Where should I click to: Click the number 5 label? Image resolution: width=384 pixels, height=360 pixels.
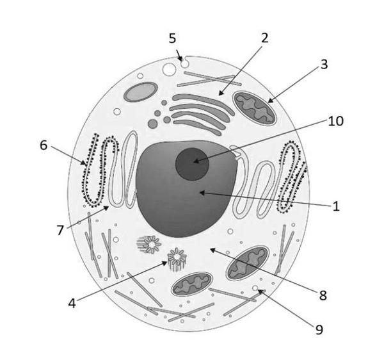coord(172,38)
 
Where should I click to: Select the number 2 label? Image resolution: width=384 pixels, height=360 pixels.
coord(264,38)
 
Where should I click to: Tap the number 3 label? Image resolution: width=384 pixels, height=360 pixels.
coord(324,65)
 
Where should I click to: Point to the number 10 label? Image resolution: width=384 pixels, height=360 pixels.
coord(336,121)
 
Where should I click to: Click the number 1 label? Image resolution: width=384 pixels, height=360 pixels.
coord(336,206)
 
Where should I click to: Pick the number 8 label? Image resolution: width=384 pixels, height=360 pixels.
coord(323,295)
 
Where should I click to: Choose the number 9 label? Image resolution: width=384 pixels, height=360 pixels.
coord(319,330)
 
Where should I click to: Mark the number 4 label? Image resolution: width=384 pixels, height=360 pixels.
coord(72,304)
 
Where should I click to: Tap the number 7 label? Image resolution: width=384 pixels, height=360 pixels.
coord(60,231)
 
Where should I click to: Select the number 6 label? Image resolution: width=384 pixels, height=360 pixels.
coord(44,145)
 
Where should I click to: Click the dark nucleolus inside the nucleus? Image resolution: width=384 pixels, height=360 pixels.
coord(192,164)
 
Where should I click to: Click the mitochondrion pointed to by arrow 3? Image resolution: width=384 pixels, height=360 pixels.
coord(255,108)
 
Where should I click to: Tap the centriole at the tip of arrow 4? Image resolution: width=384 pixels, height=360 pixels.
coord(177,259)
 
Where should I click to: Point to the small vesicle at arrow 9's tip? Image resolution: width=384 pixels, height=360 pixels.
coord(255,288)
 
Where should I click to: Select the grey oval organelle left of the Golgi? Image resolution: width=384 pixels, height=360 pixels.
coord(141,92)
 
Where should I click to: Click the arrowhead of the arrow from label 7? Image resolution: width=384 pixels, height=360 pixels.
coord(106,208)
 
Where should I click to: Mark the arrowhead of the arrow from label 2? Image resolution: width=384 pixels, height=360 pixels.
coord(221,93)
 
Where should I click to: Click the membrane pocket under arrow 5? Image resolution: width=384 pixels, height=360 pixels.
coord(185,63)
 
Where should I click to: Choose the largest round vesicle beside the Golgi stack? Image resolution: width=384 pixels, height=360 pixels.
coord(153,124)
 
